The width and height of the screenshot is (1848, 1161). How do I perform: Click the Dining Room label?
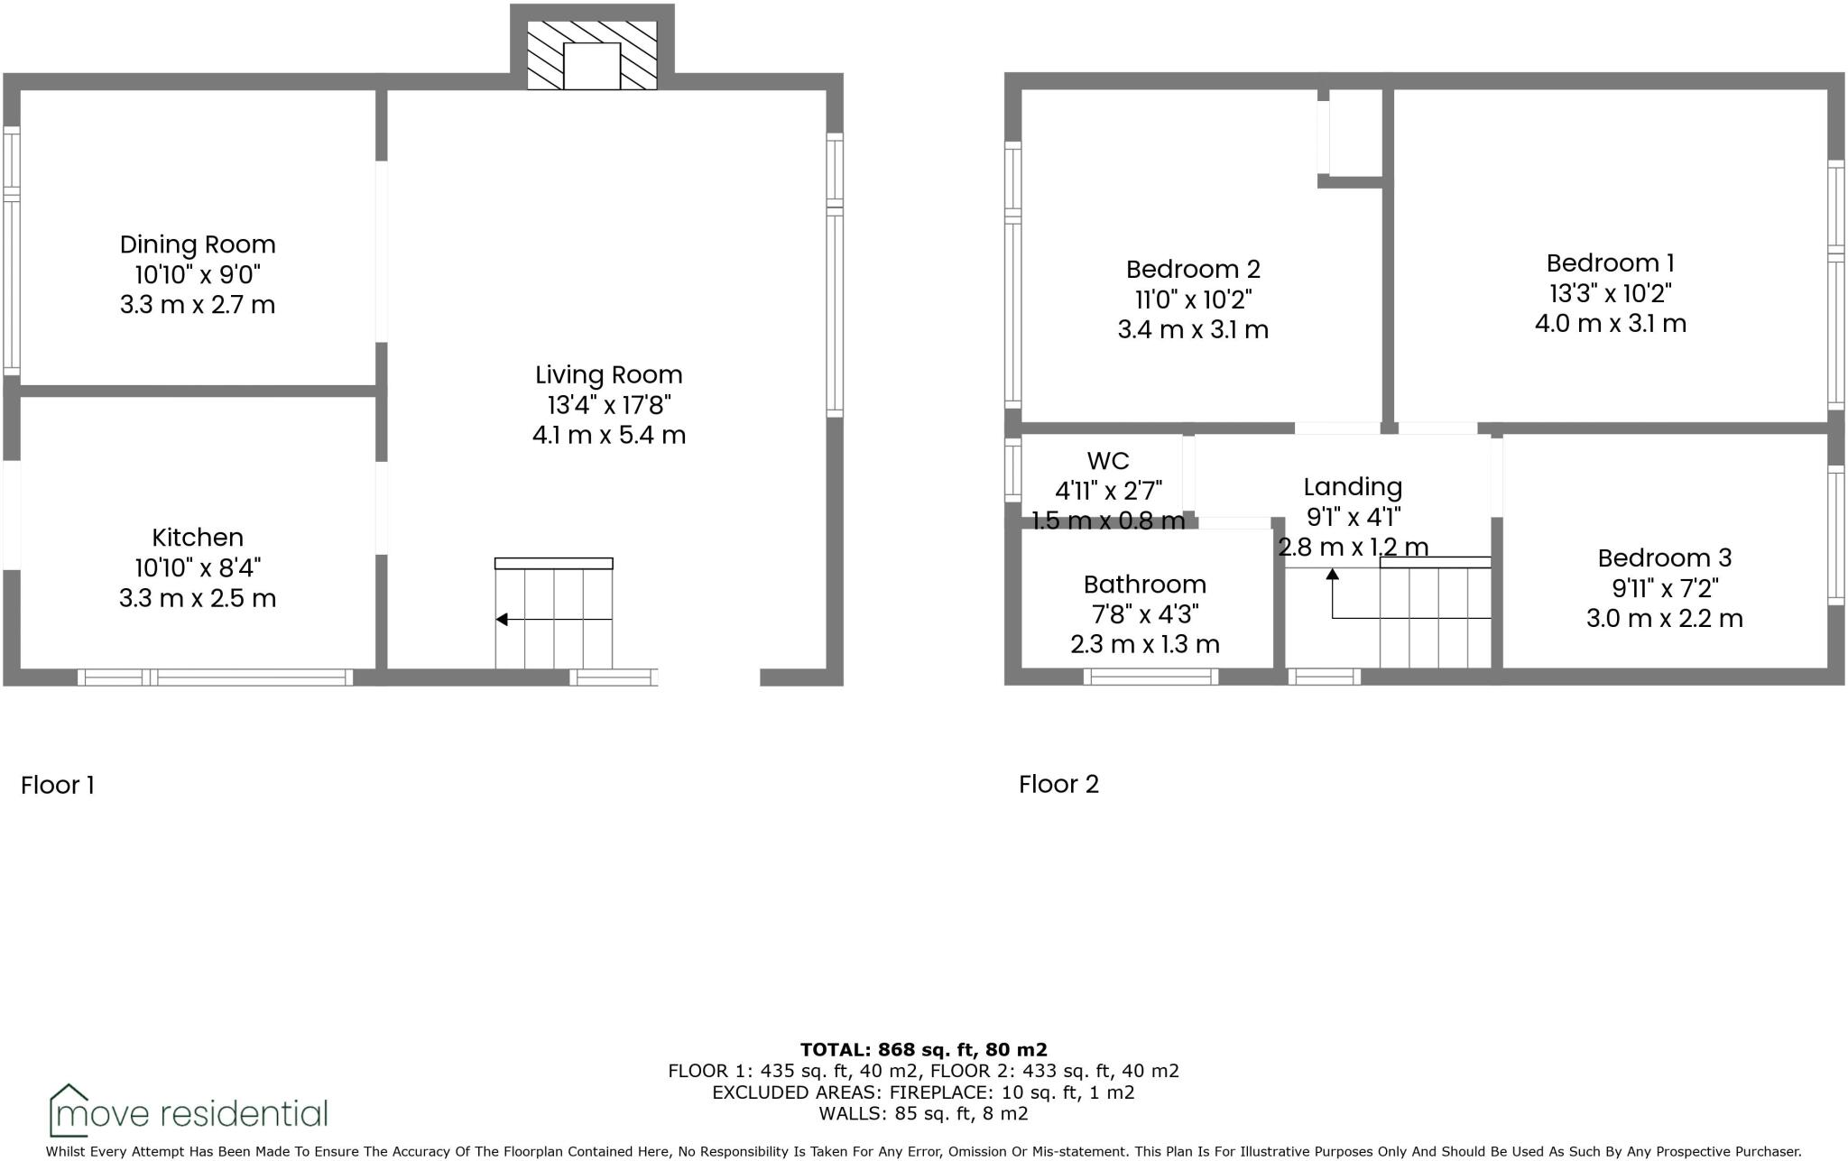(198, 244)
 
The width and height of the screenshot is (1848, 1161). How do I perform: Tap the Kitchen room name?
(198, 538)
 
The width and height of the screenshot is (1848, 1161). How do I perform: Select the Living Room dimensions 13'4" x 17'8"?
(609, 405)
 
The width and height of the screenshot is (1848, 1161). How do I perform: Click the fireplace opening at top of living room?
(592, 66)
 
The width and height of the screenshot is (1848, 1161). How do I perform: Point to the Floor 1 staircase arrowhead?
(503, 620)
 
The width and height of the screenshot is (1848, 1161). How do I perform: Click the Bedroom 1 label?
(1610, 263)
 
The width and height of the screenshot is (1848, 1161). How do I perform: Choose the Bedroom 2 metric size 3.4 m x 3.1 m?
(1193, 329)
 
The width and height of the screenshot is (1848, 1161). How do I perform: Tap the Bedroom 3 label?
(1664, 558)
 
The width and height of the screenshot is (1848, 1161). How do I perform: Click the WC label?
(1108, 461)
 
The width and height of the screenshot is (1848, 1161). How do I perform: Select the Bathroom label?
(1144, 585)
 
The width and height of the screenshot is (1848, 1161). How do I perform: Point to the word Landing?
(1353, 487)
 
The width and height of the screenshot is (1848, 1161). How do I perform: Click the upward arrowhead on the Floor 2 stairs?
(1333, 575)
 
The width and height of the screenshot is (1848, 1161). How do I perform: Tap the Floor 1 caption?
(58, 785)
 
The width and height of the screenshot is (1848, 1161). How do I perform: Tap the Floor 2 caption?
(1058, 784)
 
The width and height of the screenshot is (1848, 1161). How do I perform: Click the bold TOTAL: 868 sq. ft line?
(923, 1050)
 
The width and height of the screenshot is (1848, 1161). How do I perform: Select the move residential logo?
(189, 1111)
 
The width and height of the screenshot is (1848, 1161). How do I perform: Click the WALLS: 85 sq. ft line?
(923, 1113)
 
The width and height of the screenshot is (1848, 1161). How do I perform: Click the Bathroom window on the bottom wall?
(1150, 677)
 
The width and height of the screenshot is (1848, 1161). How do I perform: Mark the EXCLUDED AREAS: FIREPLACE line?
(923, 1092)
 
